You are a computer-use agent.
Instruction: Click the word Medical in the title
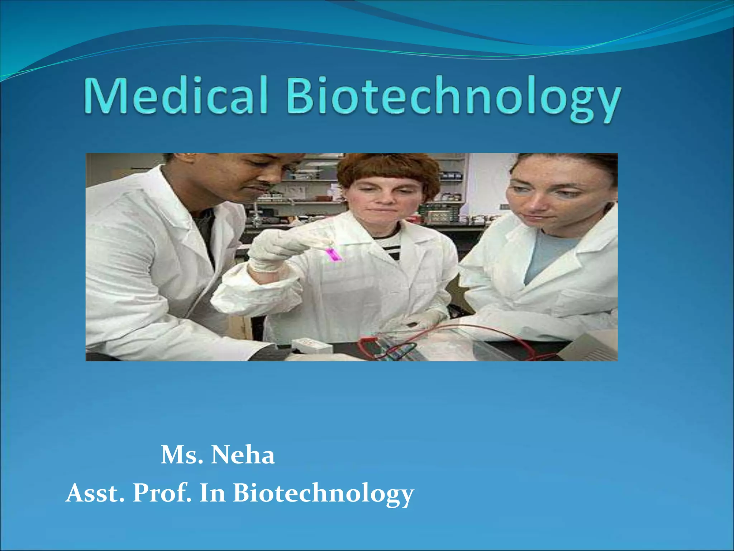[176, 96]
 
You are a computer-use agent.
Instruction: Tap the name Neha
[243, 455]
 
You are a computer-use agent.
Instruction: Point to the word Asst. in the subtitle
[95, 493]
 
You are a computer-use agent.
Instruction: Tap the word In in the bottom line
[213, 493]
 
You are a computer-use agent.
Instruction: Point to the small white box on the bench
[312, 345]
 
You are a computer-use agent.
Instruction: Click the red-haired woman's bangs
[387, 170]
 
